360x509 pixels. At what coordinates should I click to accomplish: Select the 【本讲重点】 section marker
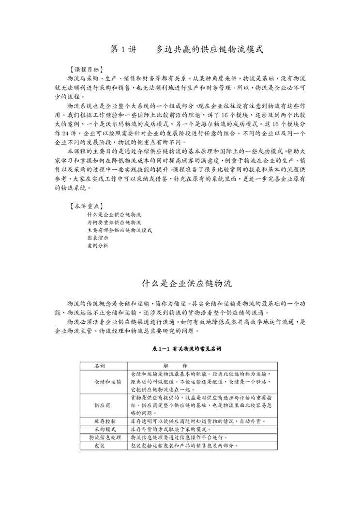[86, 206]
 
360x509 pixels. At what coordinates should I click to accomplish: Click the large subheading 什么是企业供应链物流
[180, 283]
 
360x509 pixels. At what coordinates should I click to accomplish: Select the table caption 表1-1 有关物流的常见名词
[180, 348]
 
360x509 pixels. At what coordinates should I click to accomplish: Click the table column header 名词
[100, 366]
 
